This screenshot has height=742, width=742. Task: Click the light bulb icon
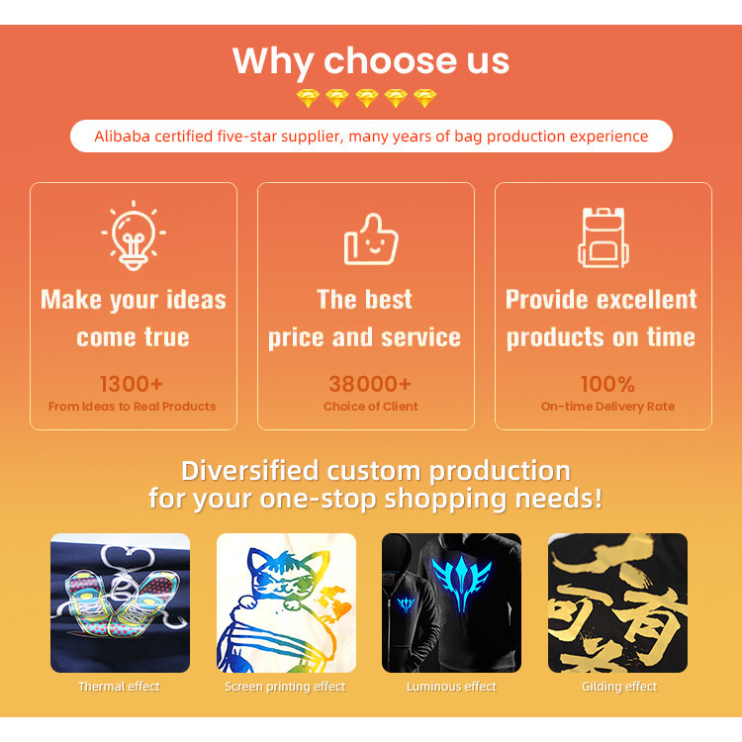[x=134, y=235]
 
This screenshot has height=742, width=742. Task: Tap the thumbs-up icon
[x=371, y=239]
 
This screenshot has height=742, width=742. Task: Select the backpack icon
[x=603, y=237]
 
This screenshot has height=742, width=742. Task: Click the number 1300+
[x=132, y=384]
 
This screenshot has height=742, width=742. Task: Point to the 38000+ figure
[x=370, y=384]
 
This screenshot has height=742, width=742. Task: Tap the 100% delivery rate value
[x=607, y=384]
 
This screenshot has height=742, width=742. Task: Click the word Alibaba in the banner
[x=122, y=137]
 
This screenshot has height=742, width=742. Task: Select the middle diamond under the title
[x=367, y=98]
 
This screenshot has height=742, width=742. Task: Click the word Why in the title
[x=273, y=62]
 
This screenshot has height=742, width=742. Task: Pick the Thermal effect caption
[x=120, y=687]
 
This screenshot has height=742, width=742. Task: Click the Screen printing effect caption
[x=285, y=687]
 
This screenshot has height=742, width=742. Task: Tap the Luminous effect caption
[x=451, y=687]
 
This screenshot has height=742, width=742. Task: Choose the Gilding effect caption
[x=619, y=687]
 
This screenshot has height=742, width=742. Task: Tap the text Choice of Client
[x=371, y=407]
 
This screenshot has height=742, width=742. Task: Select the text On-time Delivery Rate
[x=607, y=407]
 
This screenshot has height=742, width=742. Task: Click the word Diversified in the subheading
[x=250, y=471]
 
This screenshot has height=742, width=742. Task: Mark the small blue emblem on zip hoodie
[x=406, y=604]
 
